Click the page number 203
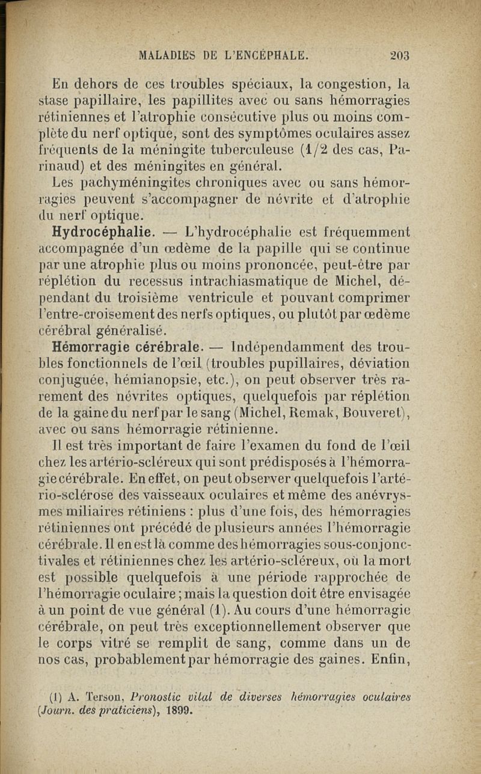pyautogui.click(x=399, y=56)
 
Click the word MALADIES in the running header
pyautogui.click(x=165, y=56)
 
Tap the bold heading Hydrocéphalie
pyautogui.click(x=105, y=231)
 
